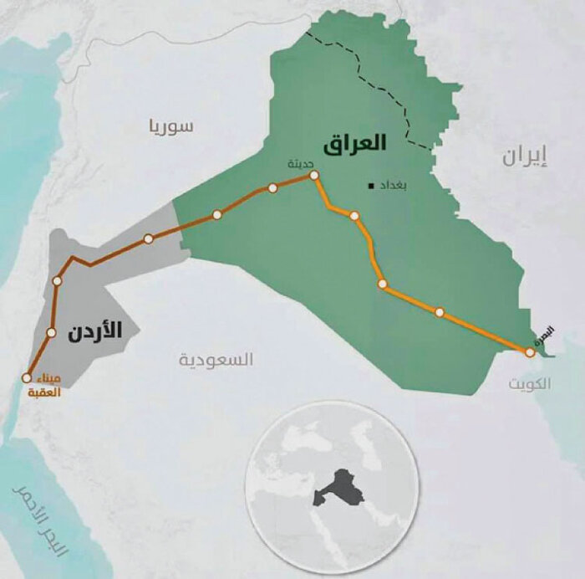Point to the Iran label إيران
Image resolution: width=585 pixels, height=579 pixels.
coord(526,156)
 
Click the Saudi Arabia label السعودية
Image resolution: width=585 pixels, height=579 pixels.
coord(216,360)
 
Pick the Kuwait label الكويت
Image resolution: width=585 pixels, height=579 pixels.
coord(530,384)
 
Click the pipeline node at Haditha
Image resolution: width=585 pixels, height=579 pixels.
coord(314,176)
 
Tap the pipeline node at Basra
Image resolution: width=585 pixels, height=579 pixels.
coord(530,353)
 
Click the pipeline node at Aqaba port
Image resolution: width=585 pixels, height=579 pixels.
coord(28,377)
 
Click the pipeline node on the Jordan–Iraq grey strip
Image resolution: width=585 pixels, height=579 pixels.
coord(149,238)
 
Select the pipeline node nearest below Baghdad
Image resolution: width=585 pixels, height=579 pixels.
coord(354,216)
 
